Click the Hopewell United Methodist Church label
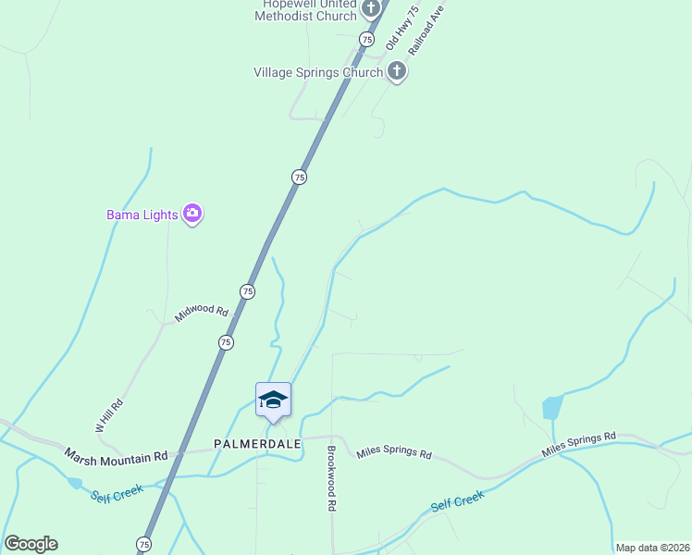(305, 9)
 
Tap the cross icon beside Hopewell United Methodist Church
(371, 9)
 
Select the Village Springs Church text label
(318, 72)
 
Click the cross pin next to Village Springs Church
(397, 71)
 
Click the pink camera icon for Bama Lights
(192, 215)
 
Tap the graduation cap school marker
(273, 400)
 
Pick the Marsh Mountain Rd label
(116, 456)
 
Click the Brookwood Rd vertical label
(330, 479)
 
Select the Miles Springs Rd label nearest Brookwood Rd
(394, 454)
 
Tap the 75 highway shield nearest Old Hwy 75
(367, 40)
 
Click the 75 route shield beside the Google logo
(143, 543)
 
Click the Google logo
(31, 544)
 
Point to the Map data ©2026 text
(652, 548)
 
